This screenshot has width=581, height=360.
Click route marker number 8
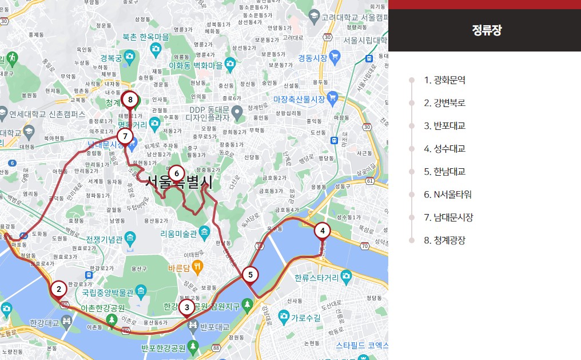click(130, 100)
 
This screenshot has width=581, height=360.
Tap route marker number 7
click(125, 136)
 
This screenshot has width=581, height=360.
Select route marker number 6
click(177, 173)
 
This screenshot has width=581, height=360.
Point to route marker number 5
click(250, 275)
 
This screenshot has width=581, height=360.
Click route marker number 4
click(323, 231)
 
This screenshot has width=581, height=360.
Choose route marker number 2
click(58, 289)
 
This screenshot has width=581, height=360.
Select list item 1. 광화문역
click(444, 80)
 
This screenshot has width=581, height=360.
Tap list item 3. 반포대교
click(444, 126)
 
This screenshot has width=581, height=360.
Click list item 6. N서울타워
click(448, 195)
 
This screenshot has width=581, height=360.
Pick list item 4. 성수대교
click(444, 149)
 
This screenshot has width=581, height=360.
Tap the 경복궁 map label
click(111, 58)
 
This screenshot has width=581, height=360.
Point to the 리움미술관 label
click(178, 234)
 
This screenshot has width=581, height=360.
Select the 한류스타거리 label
click(316, 278)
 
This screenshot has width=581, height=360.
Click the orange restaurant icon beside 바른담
click(197, 266)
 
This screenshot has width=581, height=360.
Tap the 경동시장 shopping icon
click(335, 57)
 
